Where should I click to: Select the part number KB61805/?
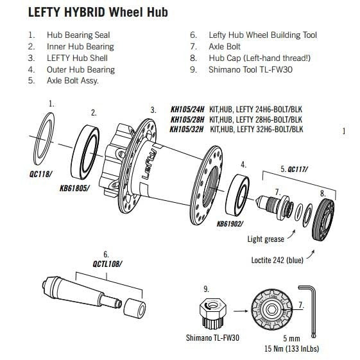[76, 189]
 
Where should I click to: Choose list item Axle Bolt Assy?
[72, 81]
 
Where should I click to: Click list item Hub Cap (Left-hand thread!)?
[260, 58]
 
